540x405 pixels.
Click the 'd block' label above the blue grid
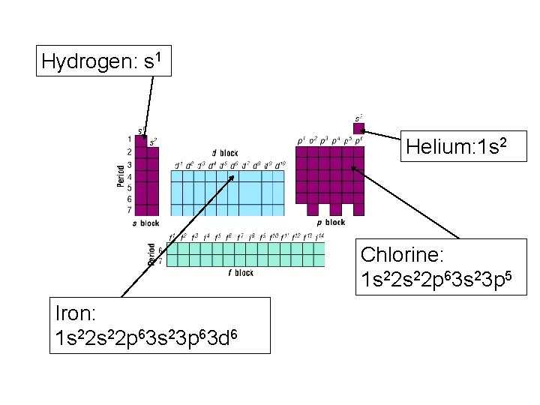tap(224, 154)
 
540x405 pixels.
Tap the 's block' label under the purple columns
tap(146, 223)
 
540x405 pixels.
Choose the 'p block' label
tap(331, 222)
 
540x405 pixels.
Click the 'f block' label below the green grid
tap(241, 273)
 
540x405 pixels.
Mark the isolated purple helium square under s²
tap(358, 128)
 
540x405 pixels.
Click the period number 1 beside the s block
tap(130, 139)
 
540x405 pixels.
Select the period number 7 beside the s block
tap(130, 211)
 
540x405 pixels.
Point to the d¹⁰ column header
tap(279, 165)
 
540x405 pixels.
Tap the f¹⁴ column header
tap(320, 237)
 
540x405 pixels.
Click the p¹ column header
tap(301, 140)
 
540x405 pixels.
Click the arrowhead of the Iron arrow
tap(234, 177)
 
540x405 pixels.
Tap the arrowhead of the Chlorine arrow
tap(352, 169)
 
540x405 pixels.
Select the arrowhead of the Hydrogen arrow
tap(145, 139)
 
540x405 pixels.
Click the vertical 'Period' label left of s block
tap(120, 175)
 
